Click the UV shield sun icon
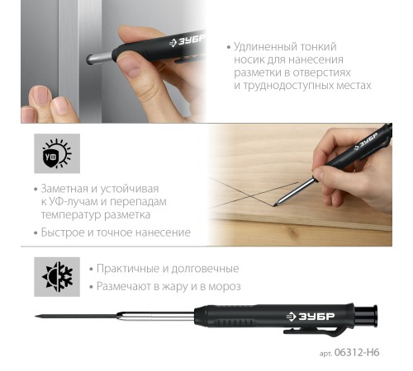[57, 153]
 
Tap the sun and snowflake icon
[57, 277]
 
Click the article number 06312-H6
[357, 352]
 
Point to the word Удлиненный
[264, 47]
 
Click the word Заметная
[65, 189]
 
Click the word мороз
[225, 287]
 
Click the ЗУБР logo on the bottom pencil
[311, 317]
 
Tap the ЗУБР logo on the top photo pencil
[188, 40]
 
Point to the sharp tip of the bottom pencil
[36, 317]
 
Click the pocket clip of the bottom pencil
[311, 331]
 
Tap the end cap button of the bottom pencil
[366, 316]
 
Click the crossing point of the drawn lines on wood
[251, 195]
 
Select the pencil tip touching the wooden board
[275, 205]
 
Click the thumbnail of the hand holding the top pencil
[130, 65]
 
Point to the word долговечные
[205, 269]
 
